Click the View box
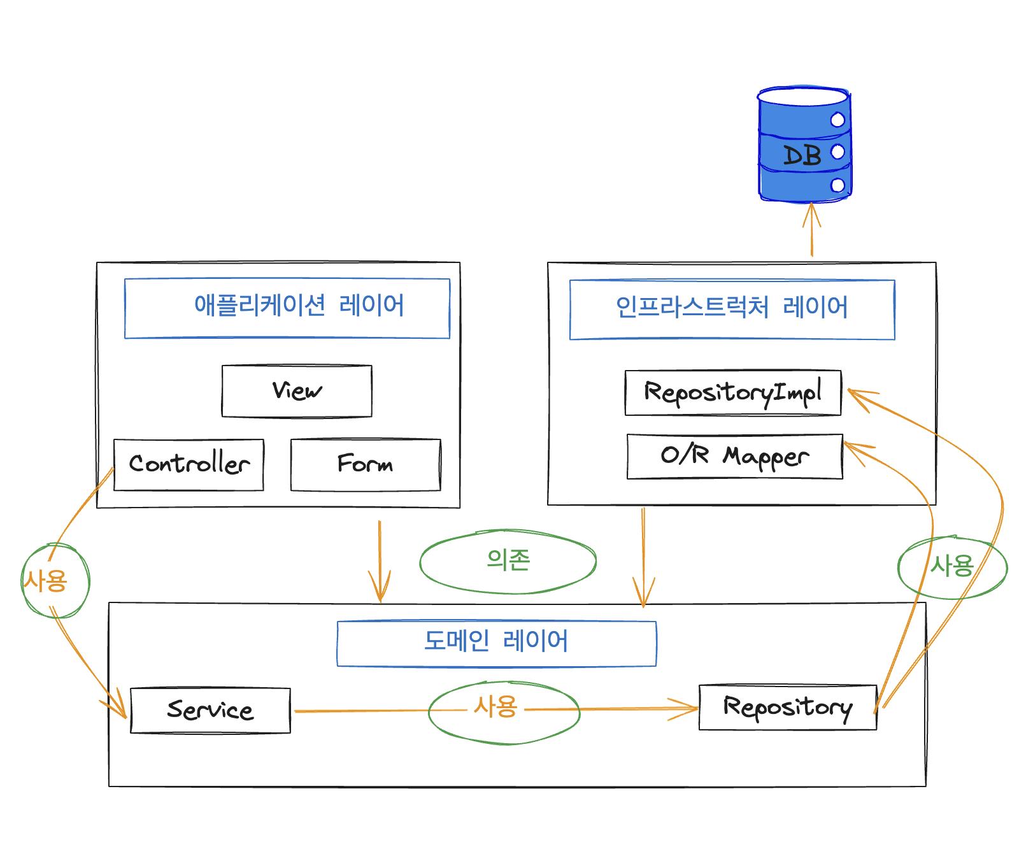click(297, 391)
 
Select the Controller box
click(189, 465)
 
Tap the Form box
click(366, 465)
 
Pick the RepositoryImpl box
click(733, 393)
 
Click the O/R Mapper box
click(735, 457)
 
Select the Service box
click(210, 711)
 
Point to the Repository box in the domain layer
click(788, 708)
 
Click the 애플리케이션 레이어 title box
click(287, 308)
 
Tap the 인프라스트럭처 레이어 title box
click(732, 310)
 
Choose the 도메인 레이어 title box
click(497, 643)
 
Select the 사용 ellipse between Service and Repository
click(504, 712)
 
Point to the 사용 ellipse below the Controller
click(55, 581)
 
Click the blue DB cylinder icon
click(804, 145)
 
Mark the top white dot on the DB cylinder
click(837, 120)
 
